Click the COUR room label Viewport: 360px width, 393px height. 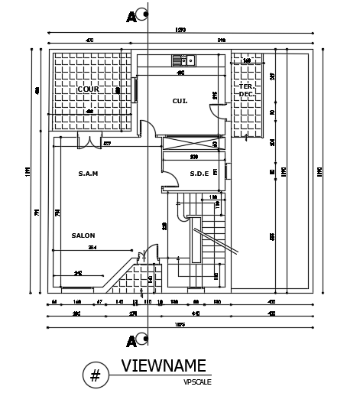(x=89, y=89)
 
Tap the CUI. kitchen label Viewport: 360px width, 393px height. (x=180, y=100)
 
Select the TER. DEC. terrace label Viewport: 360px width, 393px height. (x=246, y=89)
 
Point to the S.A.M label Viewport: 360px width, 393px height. (x=88, y=174)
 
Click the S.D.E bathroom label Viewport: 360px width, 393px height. (x=199, y=174)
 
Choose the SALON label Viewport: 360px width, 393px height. (x=83, y=235)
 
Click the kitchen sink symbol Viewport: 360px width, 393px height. (x=183, y=60)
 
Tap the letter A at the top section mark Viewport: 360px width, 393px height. (x=132, y=15)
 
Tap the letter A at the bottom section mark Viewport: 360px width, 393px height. (x=132, y=340)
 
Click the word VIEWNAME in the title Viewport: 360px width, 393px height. (x=163, y=365)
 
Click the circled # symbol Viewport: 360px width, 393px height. (x=96, y=375)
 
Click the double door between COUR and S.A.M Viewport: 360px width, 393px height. (x=89, y=141)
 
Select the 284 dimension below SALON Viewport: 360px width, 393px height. (x=91, y=248)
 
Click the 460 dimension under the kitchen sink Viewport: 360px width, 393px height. (x=180, y=73)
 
